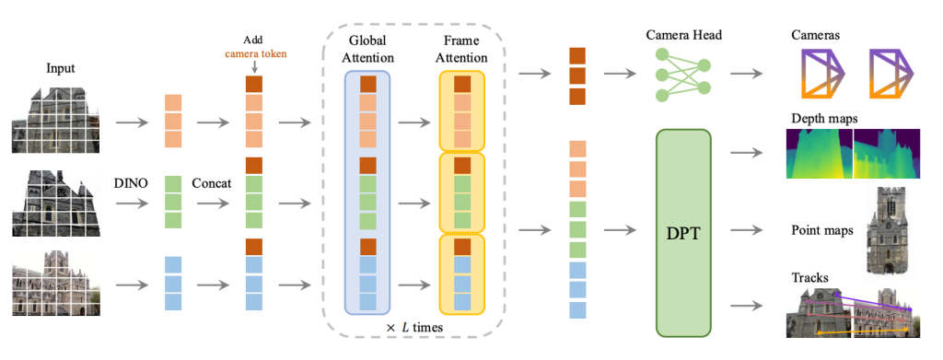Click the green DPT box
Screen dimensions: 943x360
[x=684, y=233]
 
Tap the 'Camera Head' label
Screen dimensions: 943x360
[x=684, y=36]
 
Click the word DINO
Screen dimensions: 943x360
[x=131, y=182]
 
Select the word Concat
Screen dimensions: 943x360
[x=212, y=182]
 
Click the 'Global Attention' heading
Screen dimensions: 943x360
[x=368, y=50]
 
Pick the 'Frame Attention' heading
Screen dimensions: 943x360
[x=462, y=50]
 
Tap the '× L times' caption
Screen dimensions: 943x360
[x=414, y=328]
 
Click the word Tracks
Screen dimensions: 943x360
[x=809, y=278]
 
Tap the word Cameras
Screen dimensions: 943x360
[x=816, y=36]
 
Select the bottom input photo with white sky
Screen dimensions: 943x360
[x=57, y=283]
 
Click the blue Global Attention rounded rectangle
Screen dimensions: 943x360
[x=368, y=192]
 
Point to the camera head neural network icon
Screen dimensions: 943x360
[x=682, y=75]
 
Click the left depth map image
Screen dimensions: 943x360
[x=820, y=153]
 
